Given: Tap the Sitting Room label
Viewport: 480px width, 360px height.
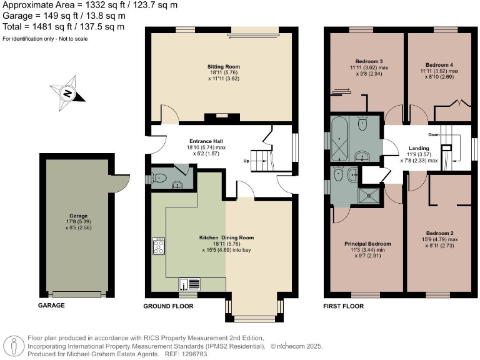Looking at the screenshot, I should coord(223,66).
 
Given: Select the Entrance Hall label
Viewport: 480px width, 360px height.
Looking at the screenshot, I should coord(206,141).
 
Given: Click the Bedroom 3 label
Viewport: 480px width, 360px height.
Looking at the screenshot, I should coord(364,61).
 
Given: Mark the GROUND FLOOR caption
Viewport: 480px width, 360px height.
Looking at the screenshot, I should coord(168,306).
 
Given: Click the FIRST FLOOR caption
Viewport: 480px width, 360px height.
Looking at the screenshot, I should coord(344,306).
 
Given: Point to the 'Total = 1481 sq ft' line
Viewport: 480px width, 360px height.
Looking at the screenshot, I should coord(63,27).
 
